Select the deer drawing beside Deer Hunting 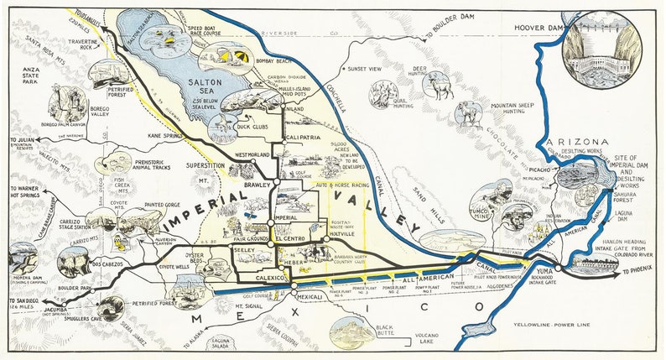click(436, 86)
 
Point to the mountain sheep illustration click(467, 112)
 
